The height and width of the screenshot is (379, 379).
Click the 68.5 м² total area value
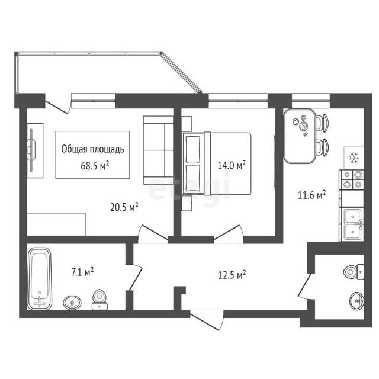pyautogui.click(x=95, y=166)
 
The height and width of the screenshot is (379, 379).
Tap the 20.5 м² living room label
pyautogui.click(x=124, y=207)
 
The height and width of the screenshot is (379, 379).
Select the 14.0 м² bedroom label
pyautogui.click(x=232, y=165)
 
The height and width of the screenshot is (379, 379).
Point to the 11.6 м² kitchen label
pyautogui.click(x=312, y=195)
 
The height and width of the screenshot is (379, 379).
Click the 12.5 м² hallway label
pyautogui.click(x=232, y=275)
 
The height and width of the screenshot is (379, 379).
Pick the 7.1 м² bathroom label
pyautogui.click(x=82, y=272)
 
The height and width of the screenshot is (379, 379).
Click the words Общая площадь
pyautogui.click(x=92, y=149)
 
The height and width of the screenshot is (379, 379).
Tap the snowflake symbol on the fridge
pyautogui.click(x=354, y=158)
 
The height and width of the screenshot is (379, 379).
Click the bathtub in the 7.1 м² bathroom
pyautogui.click(x=40, y=278)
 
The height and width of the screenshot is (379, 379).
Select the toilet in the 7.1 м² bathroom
pyautogui.click(x=99, y=300)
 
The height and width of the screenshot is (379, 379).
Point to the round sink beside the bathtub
pyautogui.click(x=72, y=303)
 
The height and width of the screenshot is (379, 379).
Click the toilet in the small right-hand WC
pyautogui.click(x=354, y=272)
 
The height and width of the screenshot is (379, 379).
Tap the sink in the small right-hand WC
pyautogui.click(x=356, y=301)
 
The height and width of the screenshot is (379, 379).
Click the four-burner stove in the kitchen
pyautogui.click(x=352, y=179)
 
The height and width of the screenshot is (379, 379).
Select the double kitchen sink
pyautogui.click(x=352, y=224)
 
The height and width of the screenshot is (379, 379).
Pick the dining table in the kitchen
pyautogui.click(x=300, y=136)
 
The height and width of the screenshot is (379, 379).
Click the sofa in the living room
pyautogui.click(x=158, y=150)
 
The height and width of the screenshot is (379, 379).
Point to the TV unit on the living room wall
pyautogui.click(x=35, y=150)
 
